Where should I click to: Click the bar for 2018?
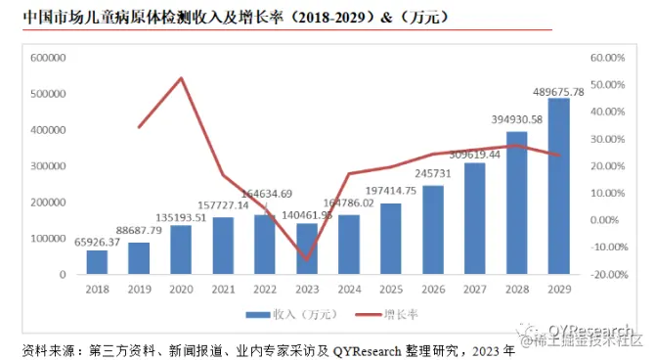click(x=96, y=262)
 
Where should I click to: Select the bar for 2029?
click(x=558, y=186)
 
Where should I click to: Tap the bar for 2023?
click(x=306, y=248)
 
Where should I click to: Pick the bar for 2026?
click(x=432, y=230)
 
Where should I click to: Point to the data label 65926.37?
click(x=96, y=242)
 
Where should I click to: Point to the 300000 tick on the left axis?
click(x=47, y=166)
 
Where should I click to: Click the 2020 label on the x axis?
click(x=180, y=290)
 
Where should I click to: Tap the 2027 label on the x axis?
click(x=474, y=290)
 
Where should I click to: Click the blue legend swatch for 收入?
click(x=259, y=315)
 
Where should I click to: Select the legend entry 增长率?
click(x=392, y=315)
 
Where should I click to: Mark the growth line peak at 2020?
click(x=181, y=78)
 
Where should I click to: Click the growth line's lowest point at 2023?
click(x=307, y=260)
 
